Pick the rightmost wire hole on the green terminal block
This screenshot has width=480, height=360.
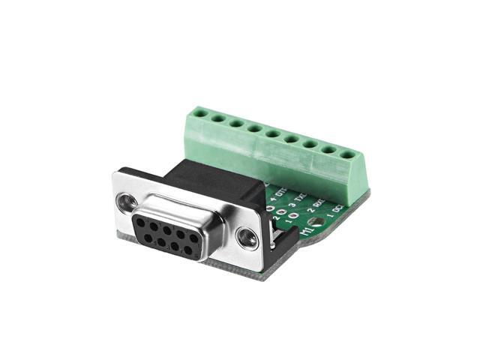347,155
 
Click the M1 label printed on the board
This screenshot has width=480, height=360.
307,230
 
